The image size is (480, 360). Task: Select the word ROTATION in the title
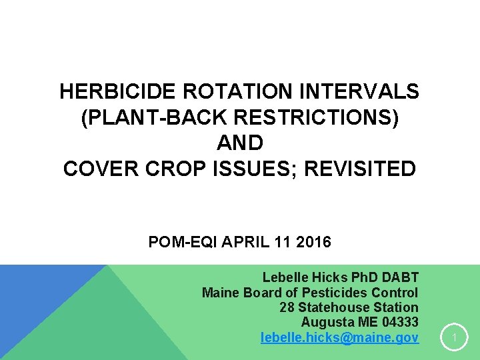tap(211, 91)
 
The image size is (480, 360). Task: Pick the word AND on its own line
tap(240, 143)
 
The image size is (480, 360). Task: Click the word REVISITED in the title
tap(360, 169)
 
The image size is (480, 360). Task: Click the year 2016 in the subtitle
tap(313, 242)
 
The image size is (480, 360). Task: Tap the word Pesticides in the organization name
tap(335, 293)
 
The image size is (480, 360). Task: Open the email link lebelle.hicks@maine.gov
tap(339, 338)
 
